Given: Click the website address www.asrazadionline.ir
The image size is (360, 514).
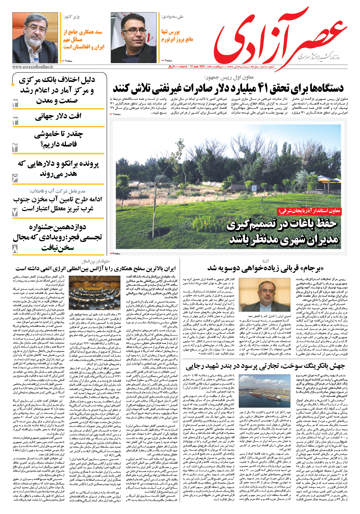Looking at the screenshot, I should [33, 67].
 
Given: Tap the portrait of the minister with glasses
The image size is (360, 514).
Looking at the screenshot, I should [35, 37].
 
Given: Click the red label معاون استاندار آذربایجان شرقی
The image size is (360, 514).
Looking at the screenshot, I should [309, 211].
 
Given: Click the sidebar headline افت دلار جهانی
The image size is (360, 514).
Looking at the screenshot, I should [58, 116].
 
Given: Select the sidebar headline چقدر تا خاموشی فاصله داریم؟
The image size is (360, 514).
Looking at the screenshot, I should [58, 139].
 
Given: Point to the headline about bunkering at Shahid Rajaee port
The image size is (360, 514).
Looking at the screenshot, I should [265, 366].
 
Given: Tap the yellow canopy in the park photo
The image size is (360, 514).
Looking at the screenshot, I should [329, 177].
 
